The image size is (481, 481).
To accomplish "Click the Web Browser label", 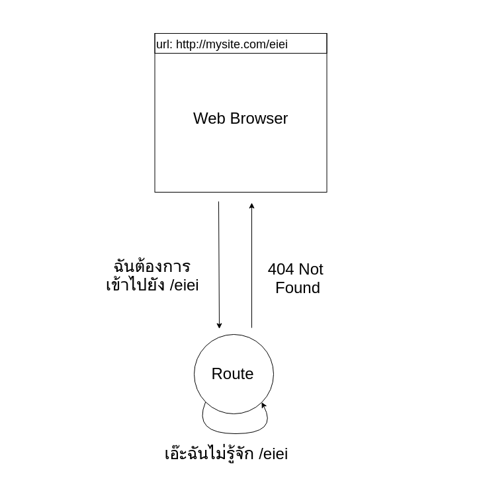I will [240, 118].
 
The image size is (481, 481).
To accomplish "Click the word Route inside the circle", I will [232, 374].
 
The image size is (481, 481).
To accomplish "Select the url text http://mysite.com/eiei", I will [232, 44].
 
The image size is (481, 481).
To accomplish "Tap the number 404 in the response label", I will [281, 269].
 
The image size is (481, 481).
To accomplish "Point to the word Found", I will [297, 288].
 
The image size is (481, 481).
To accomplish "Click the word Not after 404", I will [311, 269].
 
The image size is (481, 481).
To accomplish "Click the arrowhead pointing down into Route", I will [219, 325].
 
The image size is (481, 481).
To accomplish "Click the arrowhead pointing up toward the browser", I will [251, 206].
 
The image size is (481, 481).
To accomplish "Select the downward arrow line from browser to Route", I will [219, 265].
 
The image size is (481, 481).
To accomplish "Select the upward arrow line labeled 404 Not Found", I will [251, 265].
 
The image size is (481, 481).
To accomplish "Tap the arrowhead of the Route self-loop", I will [263, 405].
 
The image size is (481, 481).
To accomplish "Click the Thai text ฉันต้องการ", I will [152, 267].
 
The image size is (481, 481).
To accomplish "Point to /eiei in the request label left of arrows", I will [184, 285].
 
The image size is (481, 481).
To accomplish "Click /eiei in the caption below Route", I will [273, 454].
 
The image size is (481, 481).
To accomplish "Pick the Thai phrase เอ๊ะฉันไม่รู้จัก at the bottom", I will [209, 454].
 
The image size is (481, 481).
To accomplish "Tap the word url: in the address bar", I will [164, 44].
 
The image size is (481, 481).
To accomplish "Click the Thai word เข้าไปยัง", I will [135, 285].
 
